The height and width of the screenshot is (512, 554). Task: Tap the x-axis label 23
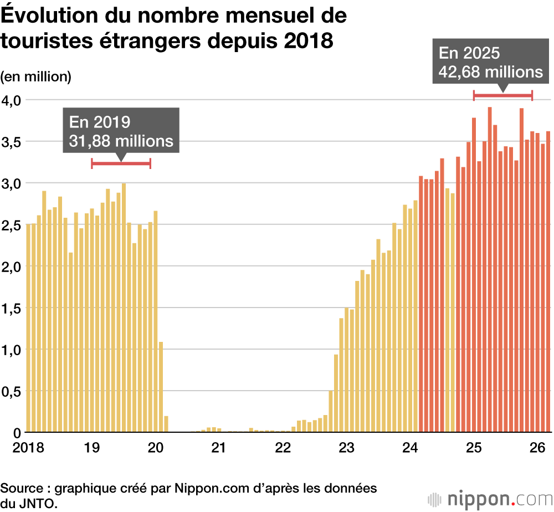[346, 447]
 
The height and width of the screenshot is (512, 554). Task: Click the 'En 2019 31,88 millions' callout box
[121, 131]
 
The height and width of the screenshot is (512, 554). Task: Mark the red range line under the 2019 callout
[121, 163]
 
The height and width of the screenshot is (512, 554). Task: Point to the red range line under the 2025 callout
[502, 95]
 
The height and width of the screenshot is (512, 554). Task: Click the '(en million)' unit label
[36, 76]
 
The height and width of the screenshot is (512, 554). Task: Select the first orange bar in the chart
[421, 304]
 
